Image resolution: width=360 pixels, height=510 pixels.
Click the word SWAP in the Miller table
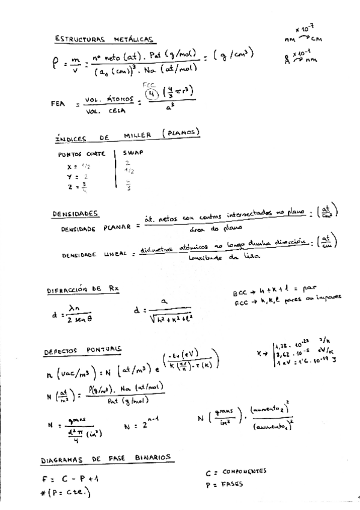[x=133, y=153]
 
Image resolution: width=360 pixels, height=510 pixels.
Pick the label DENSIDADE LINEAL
[x=94, y=255]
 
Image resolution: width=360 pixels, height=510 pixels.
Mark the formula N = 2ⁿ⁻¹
[x=141, y=425]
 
